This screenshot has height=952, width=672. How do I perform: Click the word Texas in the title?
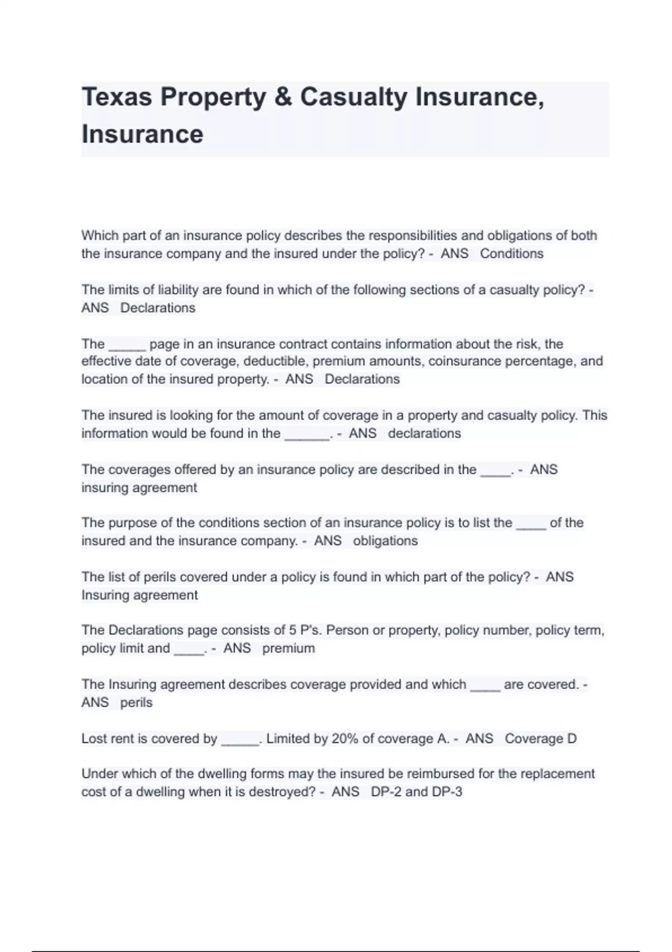point(116,97)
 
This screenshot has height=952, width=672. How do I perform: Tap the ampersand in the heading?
point(283,97)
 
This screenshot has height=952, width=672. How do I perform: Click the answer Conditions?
point(511,254)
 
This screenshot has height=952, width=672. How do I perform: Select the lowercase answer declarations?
point(424,433)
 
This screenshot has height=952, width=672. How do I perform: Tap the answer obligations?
point(385,541)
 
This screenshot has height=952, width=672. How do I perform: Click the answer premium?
point(288,648)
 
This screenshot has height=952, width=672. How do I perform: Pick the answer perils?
point(136,703)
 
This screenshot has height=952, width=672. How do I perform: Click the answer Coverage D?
point(540,739)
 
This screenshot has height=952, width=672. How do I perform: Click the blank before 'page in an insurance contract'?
point(127,346)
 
